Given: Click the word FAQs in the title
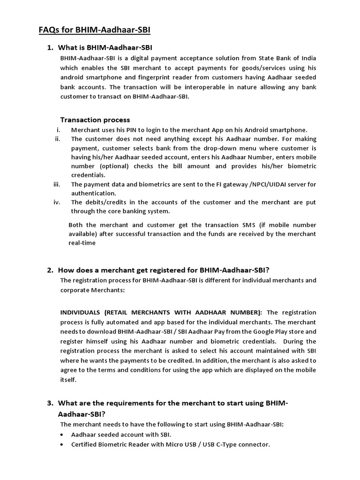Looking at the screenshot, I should click(x=49, y=30).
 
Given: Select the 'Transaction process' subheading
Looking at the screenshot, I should click(x=95, y=120).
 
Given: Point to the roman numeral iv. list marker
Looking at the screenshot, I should click(x=58, y=202).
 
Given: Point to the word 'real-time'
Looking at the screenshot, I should click(x=82, y=243).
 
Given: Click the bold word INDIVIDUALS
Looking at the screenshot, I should click(x=80, y=313).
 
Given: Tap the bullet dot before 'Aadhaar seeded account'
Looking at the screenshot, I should click(x=63, y=435).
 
